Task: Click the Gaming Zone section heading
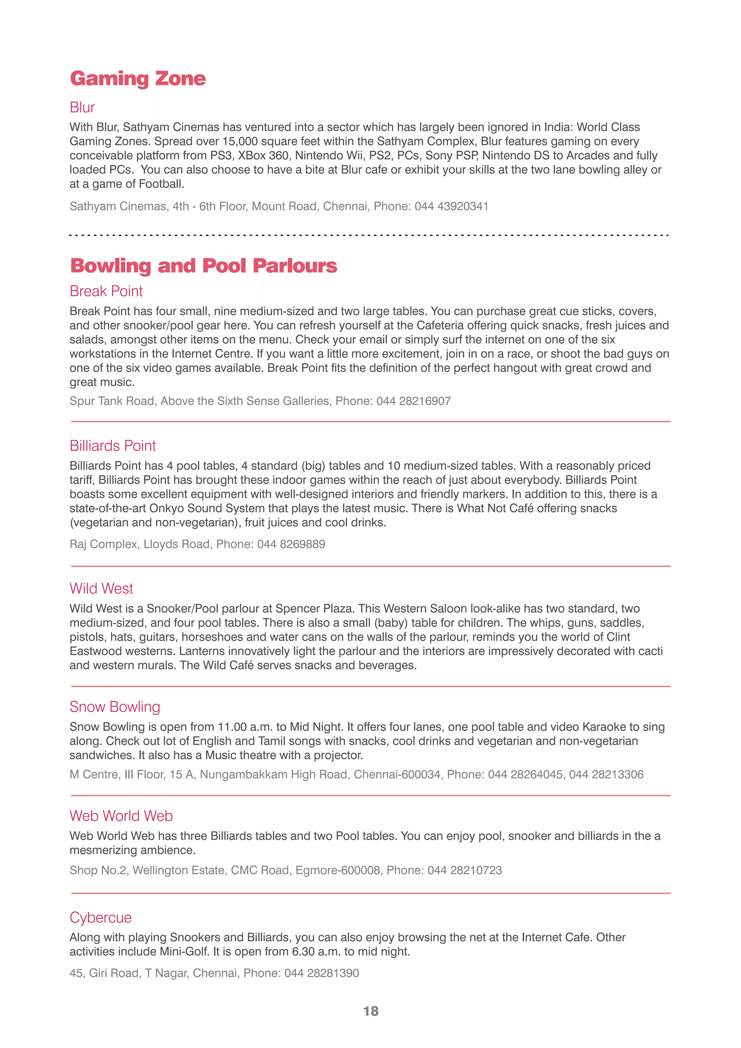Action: pos(137,79)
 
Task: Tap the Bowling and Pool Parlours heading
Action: pos(203,266)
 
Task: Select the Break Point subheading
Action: pos(106,291)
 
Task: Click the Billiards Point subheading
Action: pos(113,445)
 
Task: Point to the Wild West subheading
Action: pos(101,588)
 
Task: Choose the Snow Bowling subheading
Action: pos(115,707)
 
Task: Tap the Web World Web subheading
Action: pos(121,816)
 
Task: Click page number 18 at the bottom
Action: pos(370,1011)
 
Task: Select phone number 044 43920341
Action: pos(451,206)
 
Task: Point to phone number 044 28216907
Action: pos(414,401)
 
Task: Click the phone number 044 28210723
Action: pos(465,870)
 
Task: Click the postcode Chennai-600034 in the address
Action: pos(397,774)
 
